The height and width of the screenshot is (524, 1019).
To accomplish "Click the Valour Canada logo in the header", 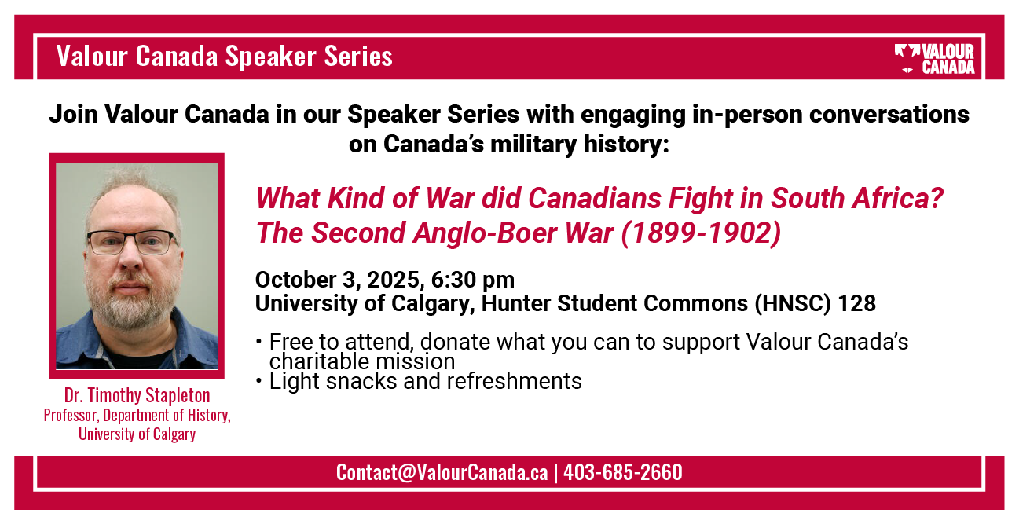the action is (934, 59).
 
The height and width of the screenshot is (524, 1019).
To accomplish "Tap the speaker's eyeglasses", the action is (131, 242).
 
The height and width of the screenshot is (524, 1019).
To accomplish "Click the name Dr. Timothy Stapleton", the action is (137, 395).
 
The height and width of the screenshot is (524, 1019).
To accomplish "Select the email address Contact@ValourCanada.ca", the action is (442, 472).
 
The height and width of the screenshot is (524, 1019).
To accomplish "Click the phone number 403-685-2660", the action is (623, 472).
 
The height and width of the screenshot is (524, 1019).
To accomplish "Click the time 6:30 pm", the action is (473, 280).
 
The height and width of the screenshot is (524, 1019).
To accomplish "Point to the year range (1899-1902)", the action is (701, 233).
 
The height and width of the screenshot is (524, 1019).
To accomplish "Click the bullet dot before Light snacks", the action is (258, 381).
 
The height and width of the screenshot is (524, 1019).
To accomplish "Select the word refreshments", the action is (514, 381).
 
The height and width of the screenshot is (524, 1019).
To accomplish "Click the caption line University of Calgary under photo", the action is (137, 434).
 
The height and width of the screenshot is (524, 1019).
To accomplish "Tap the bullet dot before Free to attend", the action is (258, 342).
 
